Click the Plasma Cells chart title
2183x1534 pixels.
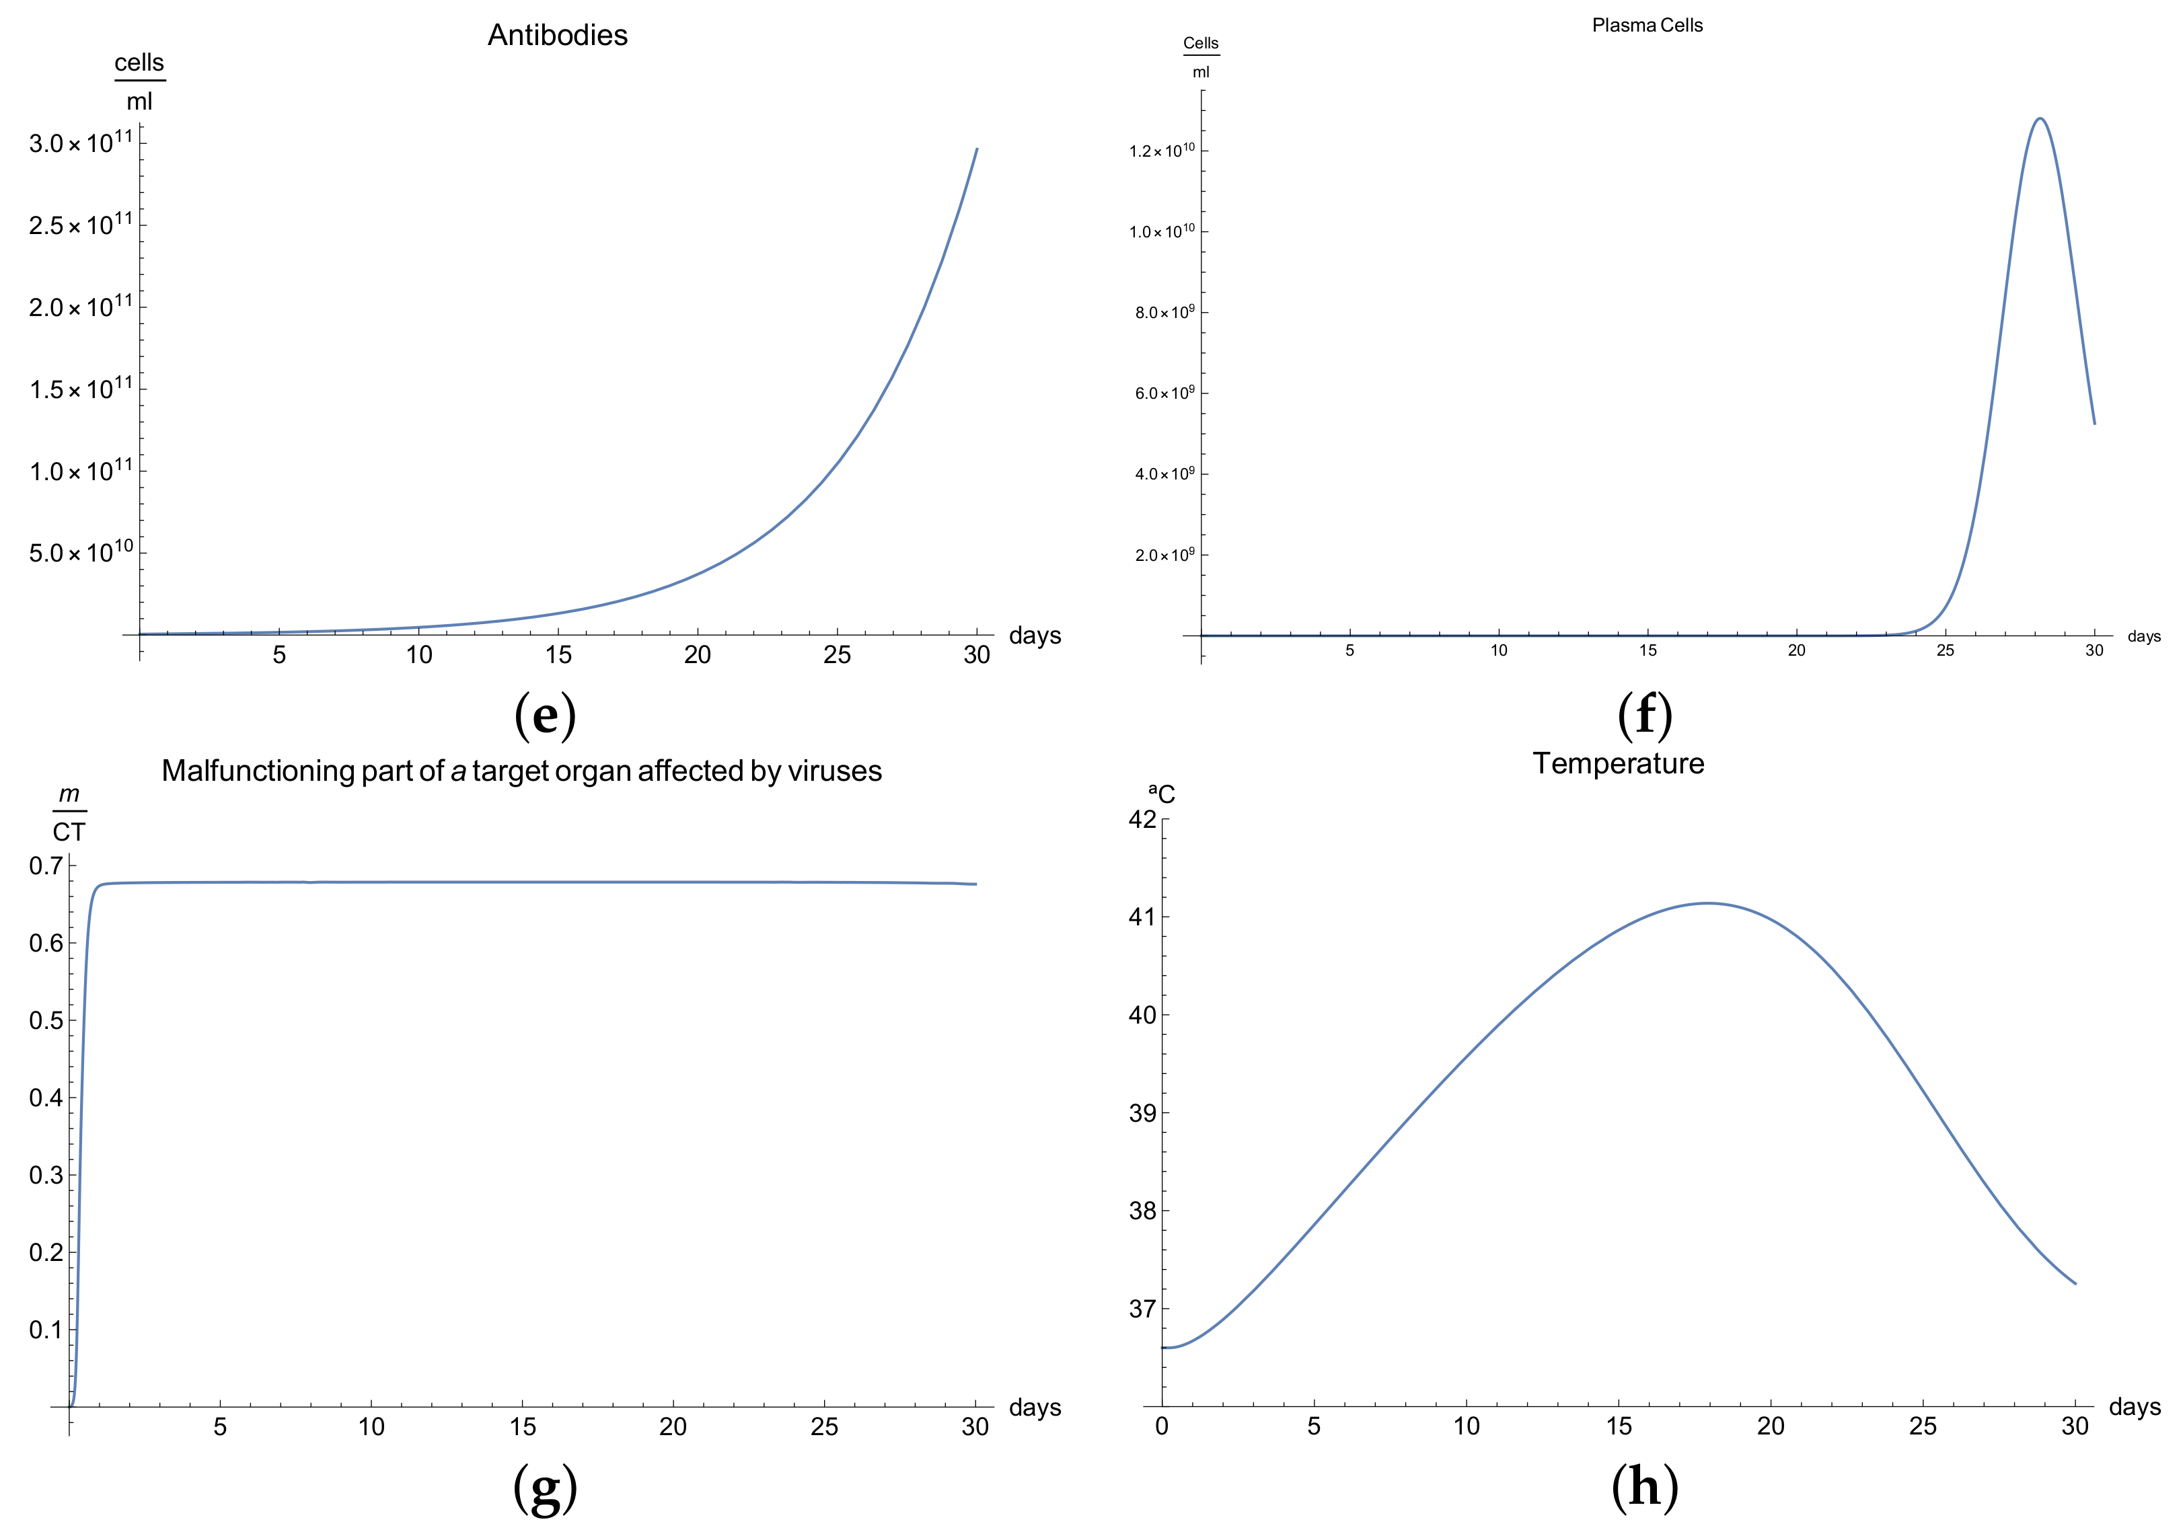point(1647,26)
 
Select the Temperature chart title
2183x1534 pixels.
point(1618,763)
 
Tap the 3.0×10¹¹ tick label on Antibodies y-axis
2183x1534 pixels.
point(80,143)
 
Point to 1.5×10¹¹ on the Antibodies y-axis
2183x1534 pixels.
point(80,389)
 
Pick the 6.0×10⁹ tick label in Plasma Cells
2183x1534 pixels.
point(1164,393)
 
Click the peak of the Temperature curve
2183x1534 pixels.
point(1709,903)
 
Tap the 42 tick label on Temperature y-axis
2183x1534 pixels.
point(1142,819)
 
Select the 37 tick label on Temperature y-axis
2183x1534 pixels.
point(1142,1309)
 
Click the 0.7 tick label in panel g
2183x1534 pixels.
point(46,866)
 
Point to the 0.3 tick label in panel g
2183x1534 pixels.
point(46,1175)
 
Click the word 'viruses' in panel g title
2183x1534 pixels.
point(834,771)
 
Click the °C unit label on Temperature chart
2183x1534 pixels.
point(1162,794)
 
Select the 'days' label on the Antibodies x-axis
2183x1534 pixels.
point(1035,635)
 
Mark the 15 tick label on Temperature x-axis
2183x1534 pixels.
point(1618,1426)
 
